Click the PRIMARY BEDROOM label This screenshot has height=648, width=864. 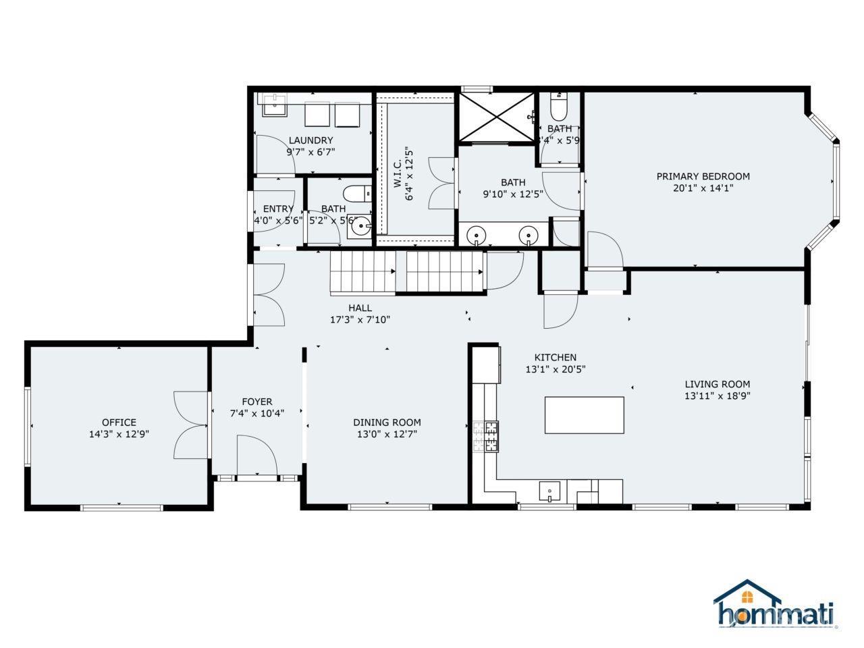click(x=703, y=176)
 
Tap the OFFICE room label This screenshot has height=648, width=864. click(x=119, y=423)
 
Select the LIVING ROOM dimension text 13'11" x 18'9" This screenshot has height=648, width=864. click(x=717, y=396)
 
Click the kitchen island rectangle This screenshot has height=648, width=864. click(x=584, y=415)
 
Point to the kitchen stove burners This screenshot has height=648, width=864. click(x=486, y=435)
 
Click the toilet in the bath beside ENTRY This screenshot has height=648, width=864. click(x=358, y=193)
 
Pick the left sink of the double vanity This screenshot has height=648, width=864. click(x=477, y=236)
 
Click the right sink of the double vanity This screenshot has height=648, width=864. click(x=528, y=236)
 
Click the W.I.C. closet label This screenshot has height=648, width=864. click(x=398, y=174)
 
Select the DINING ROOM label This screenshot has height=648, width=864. click(x=387, y=423)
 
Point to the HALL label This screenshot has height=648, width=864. click(x=360, y=308)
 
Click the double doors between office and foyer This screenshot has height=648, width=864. click(x=192, y=426)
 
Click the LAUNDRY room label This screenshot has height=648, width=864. click(x=310, y=140)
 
